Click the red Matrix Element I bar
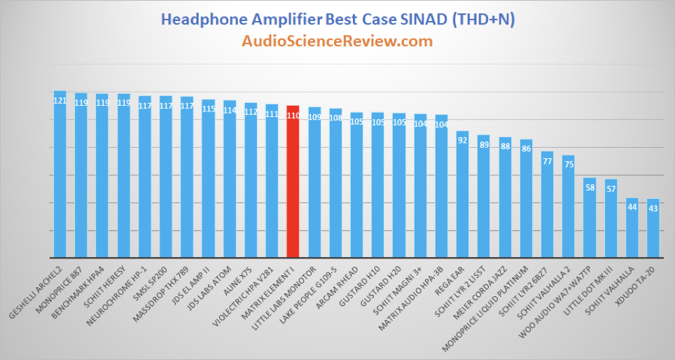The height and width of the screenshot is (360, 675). pyautogui.click(x=293, y=181)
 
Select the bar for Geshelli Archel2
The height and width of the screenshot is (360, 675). pyautogui.click(x=60, y=174)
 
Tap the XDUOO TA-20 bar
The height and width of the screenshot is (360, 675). pyautogui.click(x=653, y=228)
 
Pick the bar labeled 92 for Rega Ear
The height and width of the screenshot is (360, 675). pyautogui.click(x=462, y=194)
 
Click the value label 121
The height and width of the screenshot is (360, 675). pyautogui.click(x=60, y=101)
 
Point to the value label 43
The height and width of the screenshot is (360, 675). pyautogui.click(x=653, y=209)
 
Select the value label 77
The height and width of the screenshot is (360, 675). pyautogui.click(x=547, y=162)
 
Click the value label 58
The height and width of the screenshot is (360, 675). pyautogui.click(x=590, y=188)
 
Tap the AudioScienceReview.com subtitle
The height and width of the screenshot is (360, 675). pyautogui.click(x=337, y=41)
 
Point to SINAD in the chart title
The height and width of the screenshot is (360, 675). pyautogui.click(x=424, y=20)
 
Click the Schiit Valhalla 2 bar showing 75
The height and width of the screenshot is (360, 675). pyautogui.click(x=569, y=207)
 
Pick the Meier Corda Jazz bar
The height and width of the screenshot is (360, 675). pyautogui.click(x=505, y=198)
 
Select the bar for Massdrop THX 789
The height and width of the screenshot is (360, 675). pyautogui.click(x=187, y=177)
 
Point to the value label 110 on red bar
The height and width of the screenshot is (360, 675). pyautogui.click(x=293, y=116)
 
